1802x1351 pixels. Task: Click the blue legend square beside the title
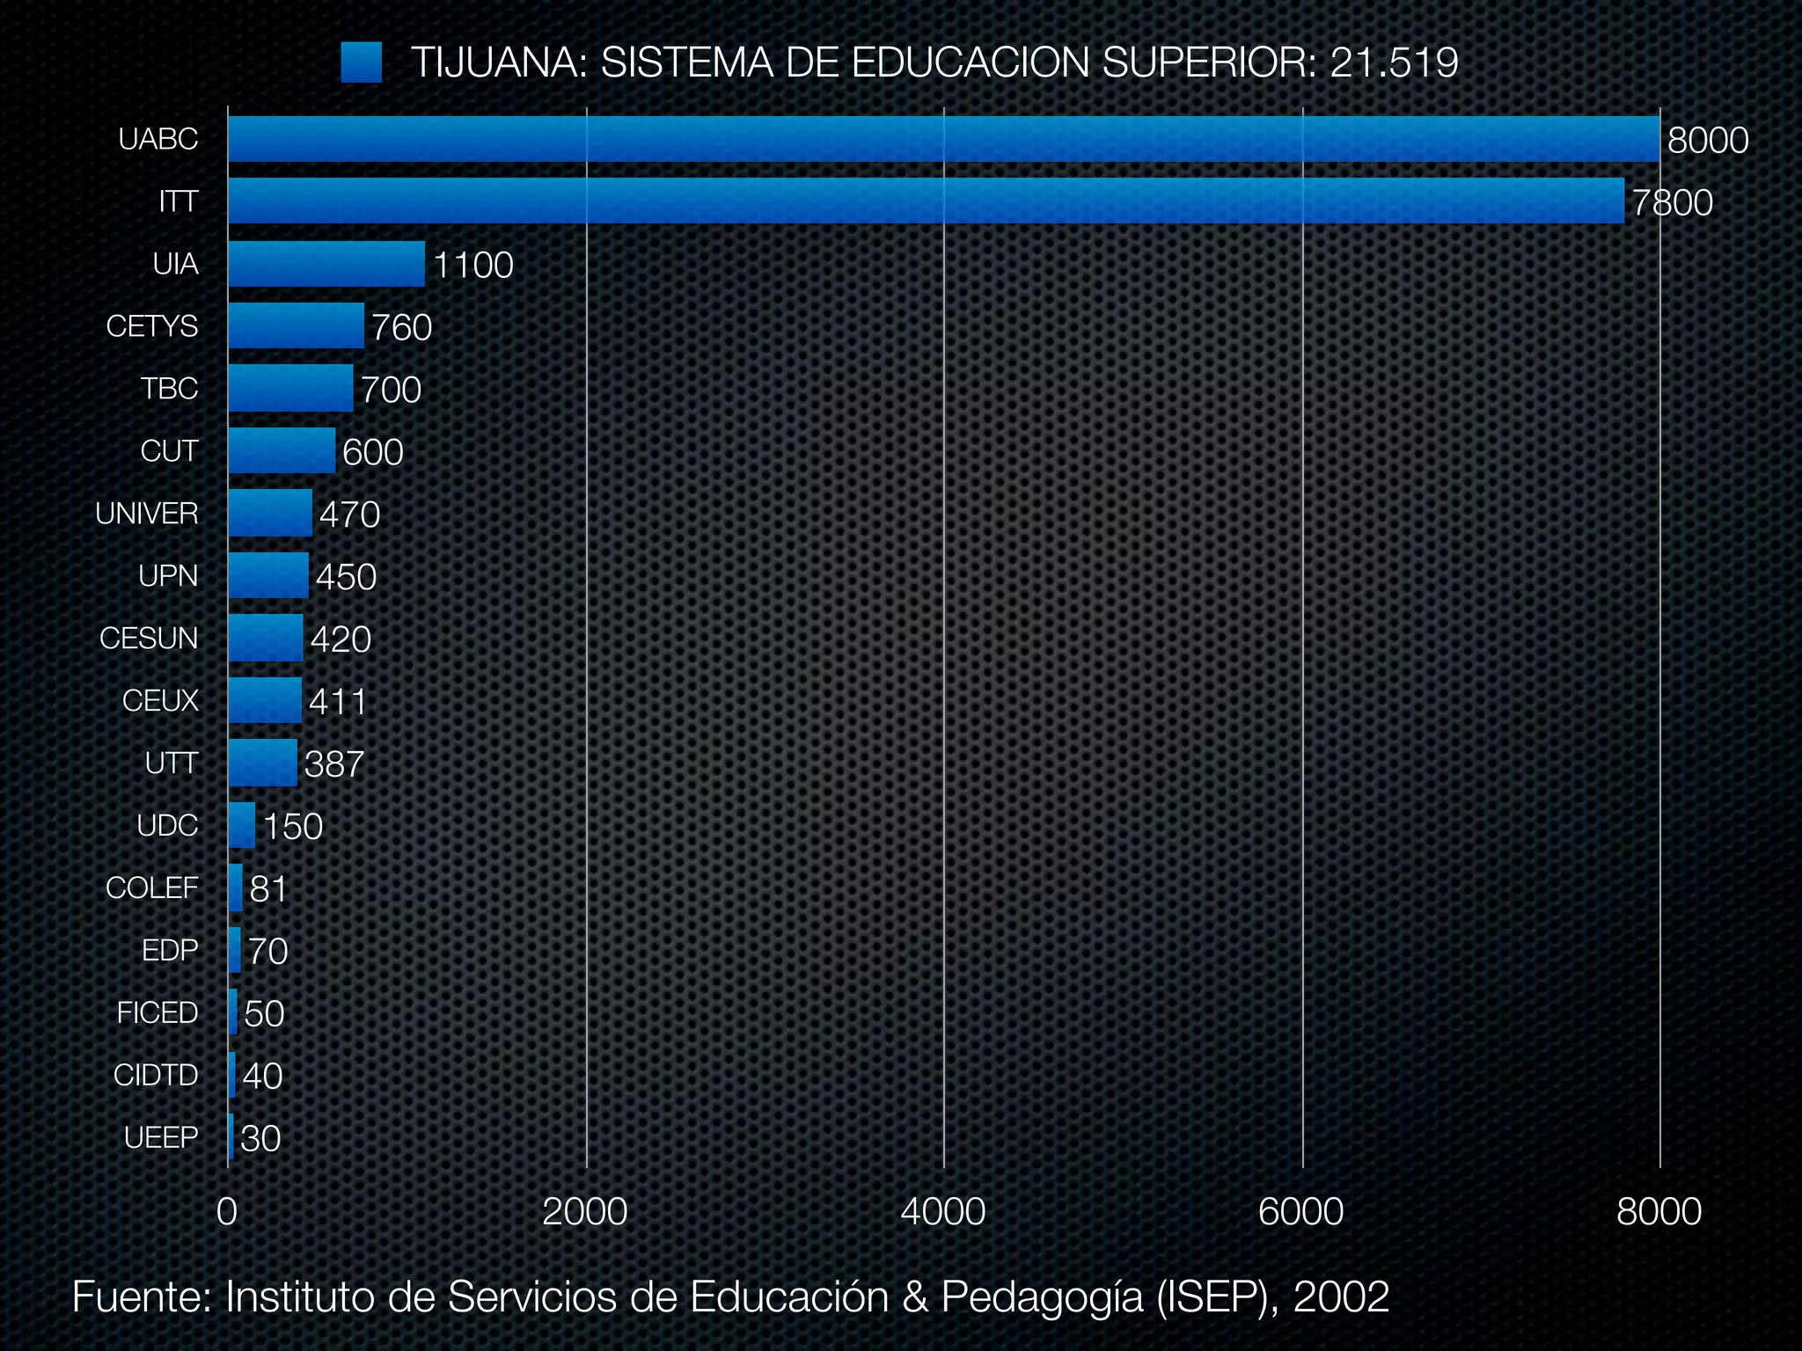click(x=361, y=62)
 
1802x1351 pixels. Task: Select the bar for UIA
click(x=326, y=264)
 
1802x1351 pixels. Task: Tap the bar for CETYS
click(x=296, y=326)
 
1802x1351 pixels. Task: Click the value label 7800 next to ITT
click(x=1672, y=203)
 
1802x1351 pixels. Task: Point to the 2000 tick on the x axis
click(x=585, y=1212)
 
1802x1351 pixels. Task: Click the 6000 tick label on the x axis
click(x=1301, y=1212)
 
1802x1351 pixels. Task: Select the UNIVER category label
click(x=147, y=514)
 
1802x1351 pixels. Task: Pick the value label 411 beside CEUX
click(x=337, y=702)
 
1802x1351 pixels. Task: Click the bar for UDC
click(x=241, y=825)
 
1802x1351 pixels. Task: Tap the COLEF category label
click(x=152, y=888)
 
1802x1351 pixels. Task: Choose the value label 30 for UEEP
click(x=260, y=1139)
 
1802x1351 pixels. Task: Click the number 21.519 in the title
click(x=1394, y=62)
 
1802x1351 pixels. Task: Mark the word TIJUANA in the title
click(x=498, y=62)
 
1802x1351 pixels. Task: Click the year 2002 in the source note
click(x=1341, y=1297)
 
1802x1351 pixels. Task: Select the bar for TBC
click(x=290, y=389)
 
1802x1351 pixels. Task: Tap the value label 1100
click(x=473, y=266)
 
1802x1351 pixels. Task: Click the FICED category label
click(x=157, y=1013)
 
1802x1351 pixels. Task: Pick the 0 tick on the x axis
click(x=227, y=1212)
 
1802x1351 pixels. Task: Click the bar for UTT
click(x=262, y=763)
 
